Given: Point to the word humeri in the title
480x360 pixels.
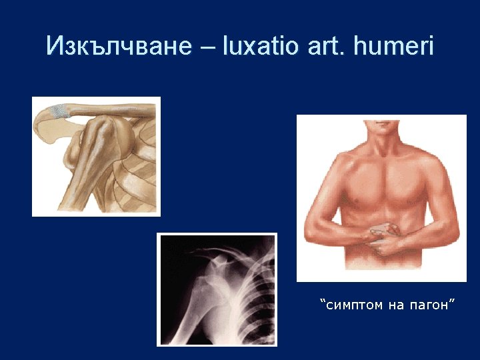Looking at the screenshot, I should pos(395,46).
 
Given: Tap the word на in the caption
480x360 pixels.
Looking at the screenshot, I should pos(394,305).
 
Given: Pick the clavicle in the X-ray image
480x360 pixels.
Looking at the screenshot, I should pos(213,251).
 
